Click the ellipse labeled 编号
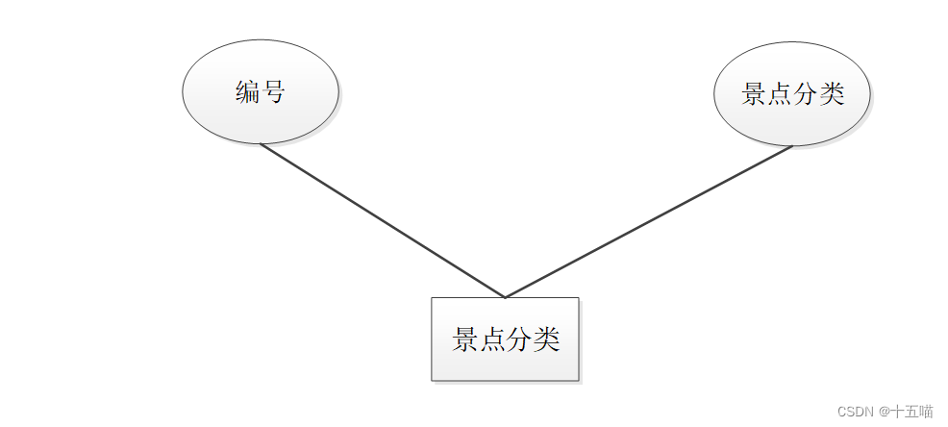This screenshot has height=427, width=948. (261, 92)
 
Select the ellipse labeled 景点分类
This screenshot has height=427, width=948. (792, 94)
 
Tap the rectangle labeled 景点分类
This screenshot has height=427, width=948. (505, 339)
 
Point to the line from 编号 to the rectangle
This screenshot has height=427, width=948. (383, 221)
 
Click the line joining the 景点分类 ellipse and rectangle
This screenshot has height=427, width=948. (649, 222)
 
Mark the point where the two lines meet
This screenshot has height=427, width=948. (505, 297)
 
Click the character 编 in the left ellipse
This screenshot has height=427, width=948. (248, 92)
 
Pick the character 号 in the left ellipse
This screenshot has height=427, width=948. (274, 92)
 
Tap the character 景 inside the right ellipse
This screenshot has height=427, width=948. (754, 94)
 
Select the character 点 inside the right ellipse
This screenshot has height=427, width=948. (780, 94)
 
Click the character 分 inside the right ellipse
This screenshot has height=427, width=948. (806, 94)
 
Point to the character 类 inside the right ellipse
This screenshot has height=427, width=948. (832, 94)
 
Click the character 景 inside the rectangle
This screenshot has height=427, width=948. (465, 339)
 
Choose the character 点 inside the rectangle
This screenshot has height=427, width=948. (492, 339)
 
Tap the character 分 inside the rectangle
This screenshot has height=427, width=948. (519, 339)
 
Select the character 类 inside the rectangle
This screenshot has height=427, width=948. (546, 339)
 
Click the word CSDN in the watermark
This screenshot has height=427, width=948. (855, 412)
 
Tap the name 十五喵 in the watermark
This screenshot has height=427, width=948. (911, 412)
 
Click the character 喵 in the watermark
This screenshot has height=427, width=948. (925, 412)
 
